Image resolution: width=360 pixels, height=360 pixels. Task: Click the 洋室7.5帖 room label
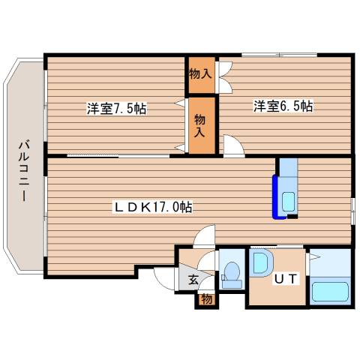(115, 108)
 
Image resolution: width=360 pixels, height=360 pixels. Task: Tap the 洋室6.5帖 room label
(283, 106)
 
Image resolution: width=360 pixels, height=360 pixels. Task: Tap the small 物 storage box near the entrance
(205, 300)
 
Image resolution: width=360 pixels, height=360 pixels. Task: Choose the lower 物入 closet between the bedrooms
(201, 124)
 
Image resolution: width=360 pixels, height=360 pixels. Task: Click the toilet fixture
(231, 274)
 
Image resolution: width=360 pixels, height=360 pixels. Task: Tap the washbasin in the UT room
(262, 264)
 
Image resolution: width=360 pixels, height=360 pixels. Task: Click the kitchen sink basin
(287, 201)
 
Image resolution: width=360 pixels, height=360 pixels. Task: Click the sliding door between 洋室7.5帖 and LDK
(97, 155)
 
